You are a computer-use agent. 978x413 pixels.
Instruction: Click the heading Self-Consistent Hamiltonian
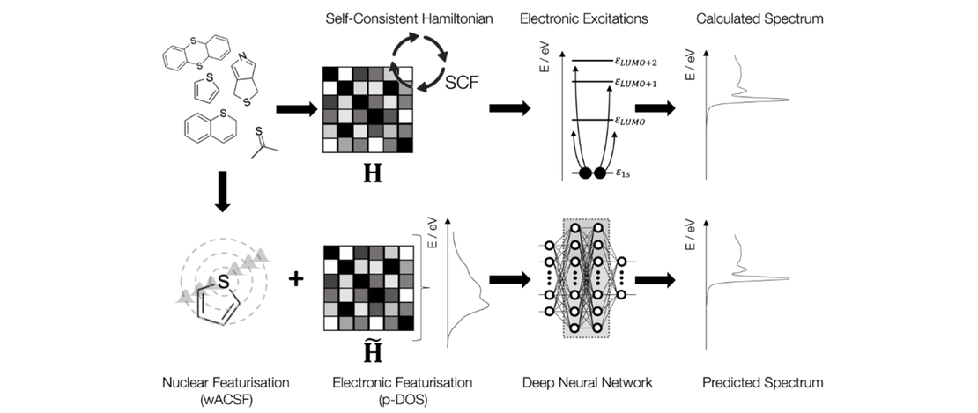click(385, 18)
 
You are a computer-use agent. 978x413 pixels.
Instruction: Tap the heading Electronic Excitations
click(583, 18)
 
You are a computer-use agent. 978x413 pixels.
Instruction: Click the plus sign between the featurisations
click(296, 279)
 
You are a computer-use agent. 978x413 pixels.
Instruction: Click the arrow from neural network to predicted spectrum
click(655, 280)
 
